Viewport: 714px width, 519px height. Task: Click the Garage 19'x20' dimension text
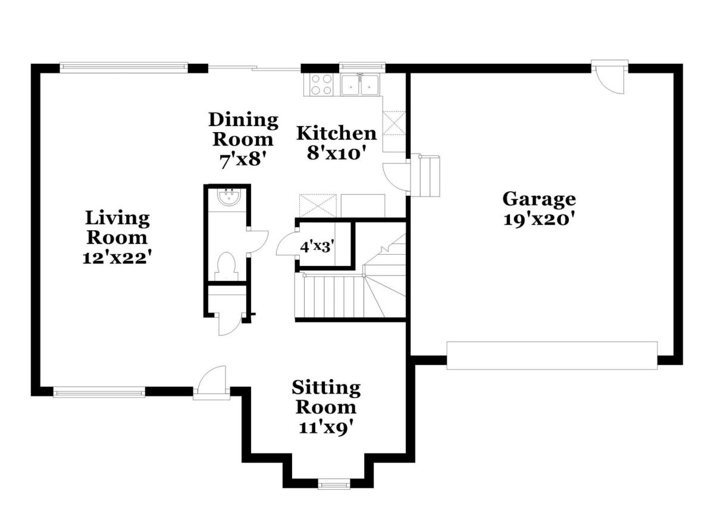539,220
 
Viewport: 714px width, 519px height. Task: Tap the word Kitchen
337,133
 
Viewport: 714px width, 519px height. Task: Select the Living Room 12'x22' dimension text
117,258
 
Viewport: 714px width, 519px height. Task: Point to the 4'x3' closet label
317,247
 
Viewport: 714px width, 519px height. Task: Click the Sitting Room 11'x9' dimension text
326,427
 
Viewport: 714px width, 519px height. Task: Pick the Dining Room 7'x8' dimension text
243,160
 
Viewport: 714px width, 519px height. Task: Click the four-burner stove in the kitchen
320,85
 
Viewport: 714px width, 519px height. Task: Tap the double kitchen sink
360,85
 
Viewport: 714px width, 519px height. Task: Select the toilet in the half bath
226,267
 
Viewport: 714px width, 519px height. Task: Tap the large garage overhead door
552,355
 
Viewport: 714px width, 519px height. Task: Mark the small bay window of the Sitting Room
334,485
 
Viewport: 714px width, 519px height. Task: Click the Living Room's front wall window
99,392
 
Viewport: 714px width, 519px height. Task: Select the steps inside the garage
425,176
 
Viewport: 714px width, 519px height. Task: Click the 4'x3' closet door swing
287,244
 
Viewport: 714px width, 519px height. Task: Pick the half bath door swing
258,241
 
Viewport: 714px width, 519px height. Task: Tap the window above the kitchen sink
362,66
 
